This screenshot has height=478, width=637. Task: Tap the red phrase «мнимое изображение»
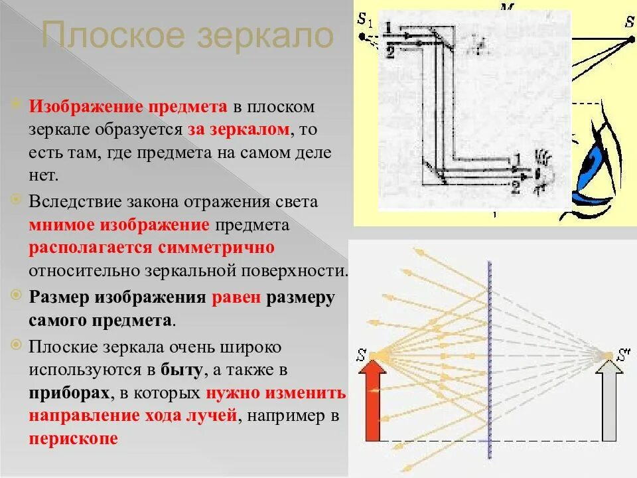pos(119,224)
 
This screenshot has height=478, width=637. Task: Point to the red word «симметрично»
pos(216,248)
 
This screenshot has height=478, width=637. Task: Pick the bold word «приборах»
pos(69,392)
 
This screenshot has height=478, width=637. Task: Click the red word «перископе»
pos(73,439)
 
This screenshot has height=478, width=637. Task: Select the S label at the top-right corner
pos(628,21)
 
